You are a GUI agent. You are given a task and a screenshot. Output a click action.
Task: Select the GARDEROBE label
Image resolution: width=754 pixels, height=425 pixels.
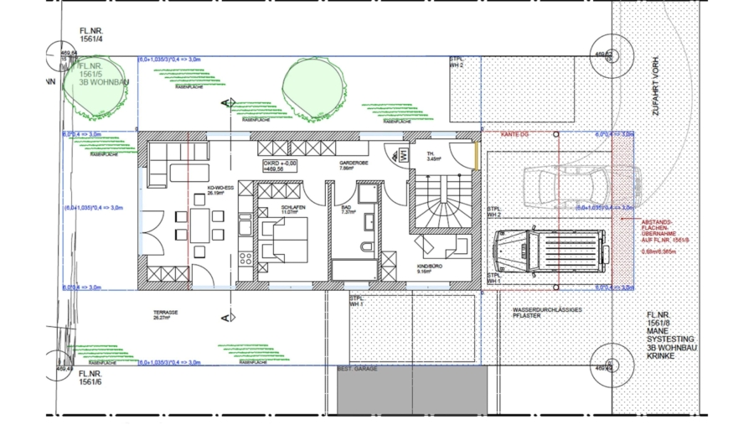[x=350, y=164]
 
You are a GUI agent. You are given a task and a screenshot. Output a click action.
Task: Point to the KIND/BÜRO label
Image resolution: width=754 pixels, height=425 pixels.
[x=430, y=267]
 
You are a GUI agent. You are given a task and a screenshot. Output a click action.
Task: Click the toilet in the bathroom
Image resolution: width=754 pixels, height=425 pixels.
[x=365, y=246]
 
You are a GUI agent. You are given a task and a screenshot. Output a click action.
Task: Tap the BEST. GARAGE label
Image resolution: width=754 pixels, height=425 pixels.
[x=358, y=368]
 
